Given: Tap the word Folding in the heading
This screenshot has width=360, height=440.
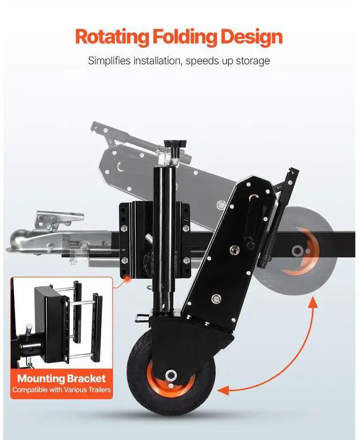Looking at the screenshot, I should click(184, 37).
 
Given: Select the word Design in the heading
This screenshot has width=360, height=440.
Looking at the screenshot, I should click(252, 37).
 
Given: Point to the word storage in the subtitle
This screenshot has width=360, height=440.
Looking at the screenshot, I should click(251, 61).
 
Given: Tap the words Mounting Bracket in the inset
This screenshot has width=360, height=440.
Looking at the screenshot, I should click(61, 378).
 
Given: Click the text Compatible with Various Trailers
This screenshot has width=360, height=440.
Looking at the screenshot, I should click(61, 389).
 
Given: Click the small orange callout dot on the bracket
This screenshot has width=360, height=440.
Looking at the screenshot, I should click(129, 278).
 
